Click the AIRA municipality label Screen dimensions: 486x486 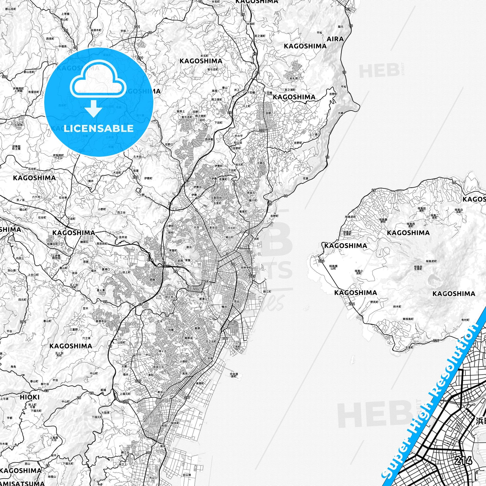click(335, 39)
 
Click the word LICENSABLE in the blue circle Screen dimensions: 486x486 click(99, 129)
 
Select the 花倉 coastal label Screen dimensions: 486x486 click(305, 178)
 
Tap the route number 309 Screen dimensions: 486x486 click(4, 76)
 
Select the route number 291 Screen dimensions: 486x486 click(23, 322)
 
